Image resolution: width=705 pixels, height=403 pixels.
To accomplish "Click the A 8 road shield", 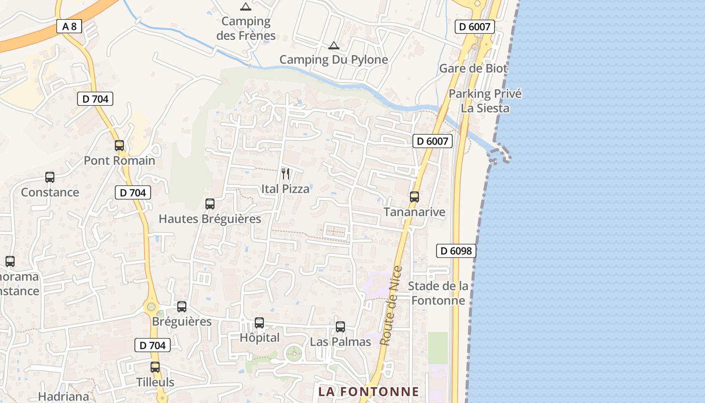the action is click(x=69, y=26).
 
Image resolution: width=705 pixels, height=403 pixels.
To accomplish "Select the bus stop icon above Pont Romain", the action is click(x=119, y=146).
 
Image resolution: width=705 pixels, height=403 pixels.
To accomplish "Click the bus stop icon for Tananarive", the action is click(x=414, y=197).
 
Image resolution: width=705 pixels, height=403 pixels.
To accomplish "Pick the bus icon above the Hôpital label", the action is click(x=259, y=323).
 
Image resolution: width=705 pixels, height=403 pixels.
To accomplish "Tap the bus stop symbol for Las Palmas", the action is click(x=340, y=327).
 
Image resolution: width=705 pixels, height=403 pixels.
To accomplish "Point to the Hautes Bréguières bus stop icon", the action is click(x=210, y=204).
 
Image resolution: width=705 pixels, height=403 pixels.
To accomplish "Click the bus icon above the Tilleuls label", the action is click(x=155, y=367).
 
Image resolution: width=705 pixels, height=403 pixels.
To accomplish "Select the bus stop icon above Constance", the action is click(x=50, y=177).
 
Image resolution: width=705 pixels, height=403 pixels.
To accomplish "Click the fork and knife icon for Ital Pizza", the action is click(x=286, y=174).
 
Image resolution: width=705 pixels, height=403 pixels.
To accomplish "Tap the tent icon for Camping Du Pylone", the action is click(x=333, y=46).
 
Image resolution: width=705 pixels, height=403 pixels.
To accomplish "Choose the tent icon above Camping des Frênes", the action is click(x=245, y=7).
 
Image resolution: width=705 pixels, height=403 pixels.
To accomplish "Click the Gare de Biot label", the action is click(x=473, y=69).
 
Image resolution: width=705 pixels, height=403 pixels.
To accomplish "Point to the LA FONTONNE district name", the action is click(x=369, y=391).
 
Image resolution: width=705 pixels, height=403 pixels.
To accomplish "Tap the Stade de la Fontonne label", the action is click(x=438, y=293).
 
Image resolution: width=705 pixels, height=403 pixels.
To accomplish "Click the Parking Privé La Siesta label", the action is click(x=485, y=101).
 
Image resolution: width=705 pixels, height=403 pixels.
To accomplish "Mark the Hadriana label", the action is click(x=63, y=396).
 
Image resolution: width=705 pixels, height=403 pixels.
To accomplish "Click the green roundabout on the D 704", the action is click(x=151, y=306).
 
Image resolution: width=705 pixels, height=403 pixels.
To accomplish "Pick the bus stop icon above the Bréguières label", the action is click(x=182, y=307).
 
